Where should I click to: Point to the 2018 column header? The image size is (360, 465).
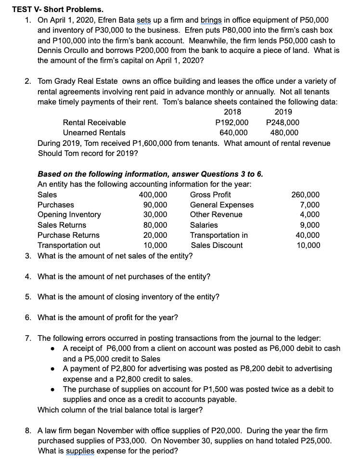pos(232,112)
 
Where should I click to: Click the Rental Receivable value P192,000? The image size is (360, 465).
pos(232,123)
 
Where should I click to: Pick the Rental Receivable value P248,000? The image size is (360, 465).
pos(283,123)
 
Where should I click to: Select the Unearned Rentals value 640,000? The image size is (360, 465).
pos(233,133)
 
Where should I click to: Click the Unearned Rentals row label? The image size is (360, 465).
pos(94,133)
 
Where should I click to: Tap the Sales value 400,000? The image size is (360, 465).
pos(153,194)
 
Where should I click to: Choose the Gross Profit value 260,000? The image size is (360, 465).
pos(305,194)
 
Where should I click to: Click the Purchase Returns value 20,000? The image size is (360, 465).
pos(155,235)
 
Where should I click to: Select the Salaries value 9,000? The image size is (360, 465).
pos(309,225)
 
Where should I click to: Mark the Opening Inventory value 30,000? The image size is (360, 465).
pos(155,215)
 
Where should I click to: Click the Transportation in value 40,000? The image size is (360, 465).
pos(307,235)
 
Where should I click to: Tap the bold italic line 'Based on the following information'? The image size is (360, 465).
pos(150,174)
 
